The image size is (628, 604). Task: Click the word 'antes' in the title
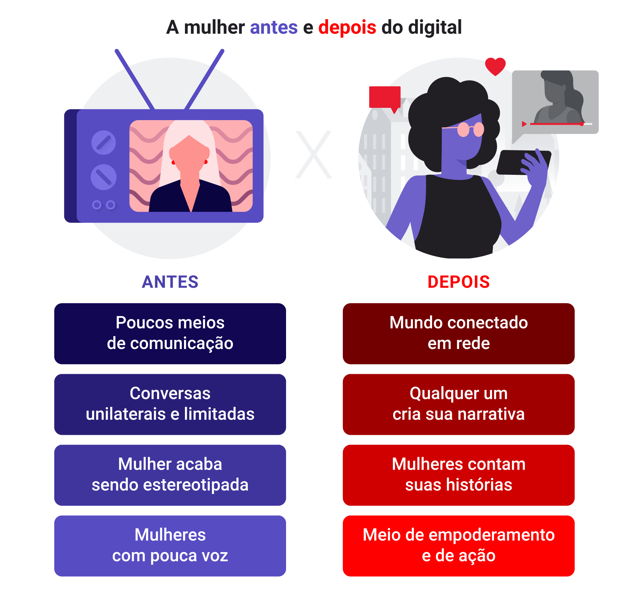273,27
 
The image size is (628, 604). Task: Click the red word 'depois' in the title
347,27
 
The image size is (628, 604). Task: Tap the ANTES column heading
170,282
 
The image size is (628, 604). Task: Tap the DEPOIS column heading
458,282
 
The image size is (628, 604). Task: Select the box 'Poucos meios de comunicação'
170,334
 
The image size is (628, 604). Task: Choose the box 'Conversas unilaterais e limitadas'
170,404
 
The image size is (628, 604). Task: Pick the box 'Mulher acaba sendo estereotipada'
170,475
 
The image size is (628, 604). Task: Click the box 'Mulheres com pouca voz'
170,546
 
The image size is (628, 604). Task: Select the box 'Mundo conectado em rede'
458,334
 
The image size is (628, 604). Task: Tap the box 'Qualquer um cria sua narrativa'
458,404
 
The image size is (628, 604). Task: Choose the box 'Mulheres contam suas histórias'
458,475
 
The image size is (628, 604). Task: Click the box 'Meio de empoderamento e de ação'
458,546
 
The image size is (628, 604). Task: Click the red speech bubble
384,97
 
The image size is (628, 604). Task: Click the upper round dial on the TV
104,143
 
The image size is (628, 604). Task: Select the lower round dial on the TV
104,177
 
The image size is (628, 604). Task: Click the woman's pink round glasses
470,129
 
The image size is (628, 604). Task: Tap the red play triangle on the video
524,124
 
